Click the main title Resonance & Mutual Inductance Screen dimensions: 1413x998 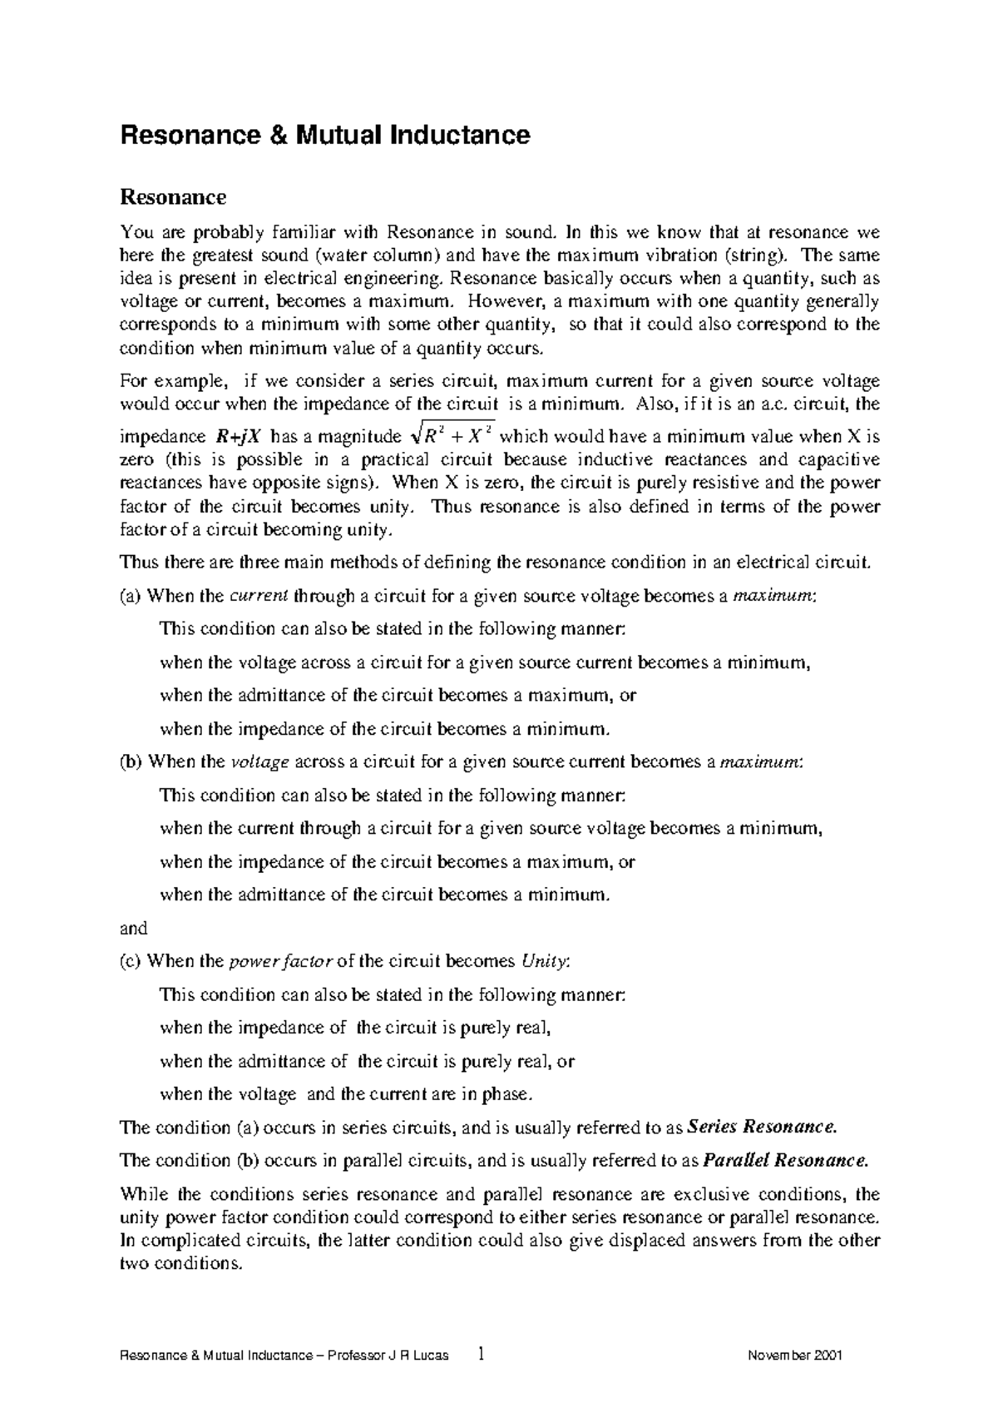pyautogui.click(x=325, y=135)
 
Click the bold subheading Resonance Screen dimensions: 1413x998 pyautogui.click(x=173, y=197)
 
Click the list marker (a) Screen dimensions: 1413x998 pyautogui.click(x=131, y=596)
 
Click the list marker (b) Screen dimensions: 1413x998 pyautogui.click(x=131, y=761)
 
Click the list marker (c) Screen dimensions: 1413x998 pyautogui.click(x=131, y=961)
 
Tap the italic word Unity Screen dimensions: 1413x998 pyautogui.click(x=545, y=961)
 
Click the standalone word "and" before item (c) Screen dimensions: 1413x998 pyautogui.click(x=134, y=928)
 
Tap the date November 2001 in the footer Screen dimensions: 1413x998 pyautogui.click(x=796, y=1356)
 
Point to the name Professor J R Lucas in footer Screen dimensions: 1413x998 pyautogui.click(x=388, y=1356)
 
